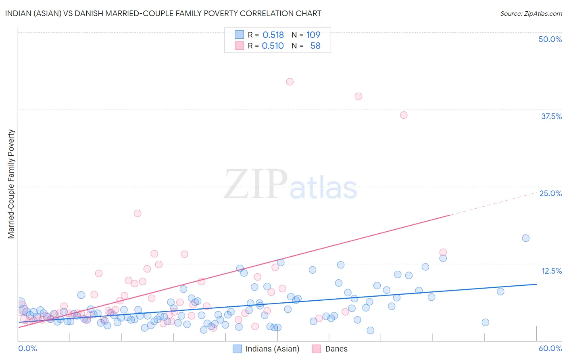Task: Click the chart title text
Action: [x=163, y=13]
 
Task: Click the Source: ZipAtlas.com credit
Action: [x=531, y=13]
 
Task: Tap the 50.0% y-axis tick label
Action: [x=550, y=39]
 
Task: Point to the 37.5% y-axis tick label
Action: [x=551, y=116]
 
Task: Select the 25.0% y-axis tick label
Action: [x=550, y=193]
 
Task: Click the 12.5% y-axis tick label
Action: [x=551, y=271]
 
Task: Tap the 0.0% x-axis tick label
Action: [x=27, y=348]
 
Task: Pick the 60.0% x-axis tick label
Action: [x=550, y=348]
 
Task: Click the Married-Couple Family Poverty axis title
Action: [x=11, y=184]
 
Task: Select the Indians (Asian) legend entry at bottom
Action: [x=267, y=349]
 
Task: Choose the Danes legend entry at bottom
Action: [x=330, y=349]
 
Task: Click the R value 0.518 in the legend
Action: [x=273, y=35]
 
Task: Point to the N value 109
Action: [x=313, y=35]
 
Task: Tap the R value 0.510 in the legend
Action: [x=273, y=46]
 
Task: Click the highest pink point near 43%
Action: [x=290, y=82]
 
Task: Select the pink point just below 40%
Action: [x=358, y=96]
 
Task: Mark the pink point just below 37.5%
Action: [x=404, y=115]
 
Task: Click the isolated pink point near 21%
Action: [x=138, y=213]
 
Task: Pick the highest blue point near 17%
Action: [x=525, y=238]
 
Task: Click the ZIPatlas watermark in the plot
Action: [x=290, y=185]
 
